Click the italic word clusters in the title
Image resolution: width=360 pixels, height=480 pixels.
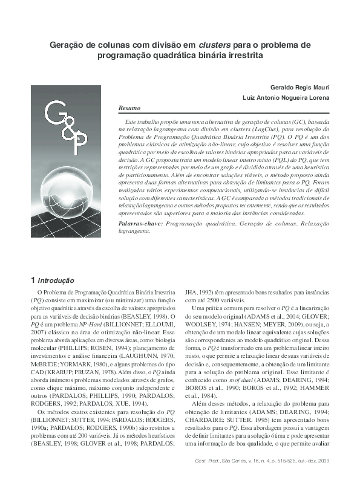point(215,44)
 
